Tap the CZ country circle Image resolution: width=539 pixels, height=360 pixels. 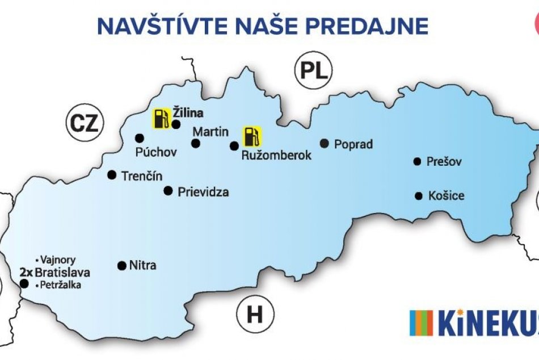(x=84, y=123)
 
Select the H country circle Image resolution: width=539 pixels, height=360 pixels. (x=255, y=314)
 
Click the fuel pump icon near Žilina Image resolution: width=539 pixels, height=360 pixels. (x=161, y=118)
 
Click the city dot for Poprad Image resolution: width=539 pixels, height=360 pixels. (x=325, y=144)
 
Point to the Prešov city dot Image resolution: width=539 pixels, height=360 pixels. (x=417, y=162)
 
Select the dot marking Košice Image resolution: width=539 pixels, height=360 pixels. (x=419, y=196)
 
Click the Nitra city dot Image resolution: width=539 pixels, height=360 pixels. (x=121, y=265)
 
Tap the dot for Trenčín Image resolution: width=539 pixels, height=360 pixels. (x=112, y=175)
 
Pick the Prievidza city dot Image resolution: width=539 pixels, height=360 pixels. (x=168, y=191)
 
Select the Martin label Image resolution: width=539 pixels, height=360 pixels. (x=210, y=132)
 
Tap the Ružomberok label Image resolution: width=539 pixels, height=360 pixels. (x=276, y=155)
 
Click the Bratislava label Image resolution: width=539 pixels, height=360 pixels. (x=62, y=272)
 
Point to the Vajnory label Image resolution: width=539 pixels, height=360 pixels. (x=58, y=259)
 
